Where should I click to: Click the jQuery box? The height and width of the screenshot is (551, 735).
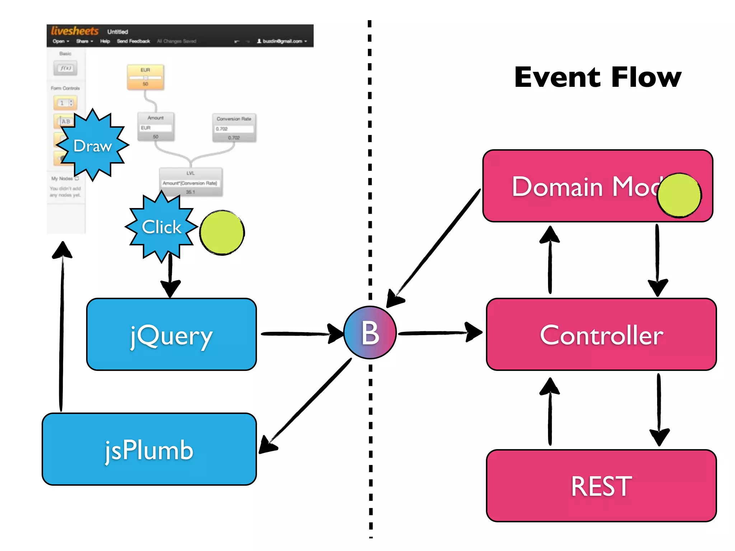tap(172, 334)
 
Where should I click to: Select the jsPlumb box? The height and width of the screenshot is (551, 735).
tap(149, 449)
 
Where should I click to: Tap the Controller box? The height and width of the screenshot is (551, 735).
tap(601, 334)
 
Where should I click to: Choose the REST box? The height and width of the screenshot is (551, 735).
tap(601, 486)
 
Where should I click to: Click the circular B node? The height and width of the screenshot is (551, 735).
tap(370, 333)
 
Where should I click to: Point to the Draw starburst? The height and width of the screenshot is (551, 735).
tap(93, 145)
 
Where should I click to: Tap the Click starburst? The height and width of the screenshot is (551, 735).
tap(161, 227)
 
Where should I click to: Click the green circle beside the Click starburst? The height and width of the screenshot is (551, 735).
tap(222, 232)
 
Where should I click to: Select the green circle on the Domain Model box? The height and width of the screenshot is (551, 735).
tap(679, 195)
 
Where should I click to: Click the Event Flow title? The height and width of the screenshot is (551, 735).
tap(598, 77)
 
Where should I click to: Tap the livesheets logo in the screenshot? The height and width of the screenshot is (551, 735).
tap(75, 31)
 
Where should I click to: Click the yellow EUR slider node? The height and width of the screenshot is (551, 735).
tap(145, 77)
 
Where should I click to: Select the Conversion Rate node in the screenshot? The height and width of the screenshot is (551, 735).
tap(234, 128)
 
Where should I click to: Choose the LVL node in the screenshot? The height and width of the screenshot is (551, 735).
tap(191, 182)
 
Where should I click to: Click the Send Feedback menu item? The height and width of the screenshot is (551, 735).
tap(133, 41)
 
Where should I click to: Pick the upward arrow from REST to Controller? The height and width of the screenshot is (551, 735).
tap(550, 413)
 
